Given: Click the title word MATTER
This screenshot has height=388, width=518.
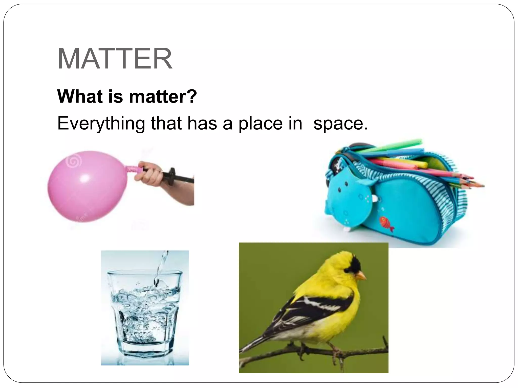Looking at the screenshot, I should [115, 59].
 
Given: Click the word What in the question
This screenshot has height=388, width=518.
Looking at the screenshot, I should [80, 96].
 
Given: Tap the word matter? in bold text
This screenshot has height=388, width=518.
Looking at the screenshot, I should [163, 96].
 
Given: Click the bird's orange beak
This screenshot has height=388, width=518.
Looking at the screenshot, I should [362, 276].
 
